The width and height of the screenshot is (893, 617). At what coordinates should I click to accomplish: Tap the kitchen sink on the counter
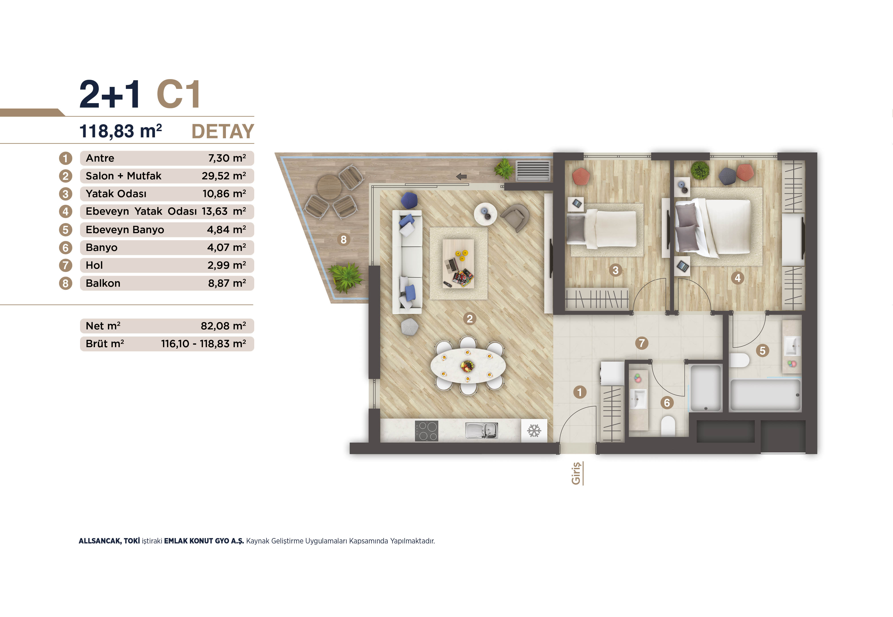coord(481,430)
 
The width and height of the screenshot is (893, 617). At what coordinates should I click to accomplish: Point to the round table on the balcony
coord(329,187)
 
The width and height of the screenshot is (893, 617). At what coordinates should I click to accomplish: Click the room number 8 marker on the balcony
coord(343,240)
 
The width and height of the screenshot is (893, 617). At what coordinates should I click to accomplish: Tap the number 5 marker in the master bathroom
coord(762,351)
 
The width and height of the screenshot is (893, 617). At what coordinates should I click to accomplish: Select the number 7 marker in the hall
coord(642,343)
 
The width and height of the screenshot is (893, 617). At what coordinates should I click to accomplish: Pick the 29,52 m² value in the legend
coord(223,176)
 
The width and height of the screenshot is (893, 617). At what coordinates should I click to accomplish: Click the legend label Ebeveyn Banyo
coord(125,230)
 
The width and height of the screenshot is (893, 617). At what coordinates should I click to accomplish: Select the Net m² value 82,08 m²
coord(223,326)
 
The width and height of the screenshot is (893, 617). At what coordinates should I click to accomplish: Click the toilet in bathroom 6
coord(668,425)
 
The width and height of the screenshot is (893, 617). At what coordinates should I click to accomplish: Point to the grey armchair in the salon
coord(515,217)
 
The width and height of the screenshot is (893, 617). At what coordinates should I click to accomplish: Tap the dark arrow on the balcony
coord(461,177)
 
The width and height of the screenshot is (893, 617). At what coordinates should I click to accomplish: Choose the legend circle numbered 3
coord(65,194)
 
